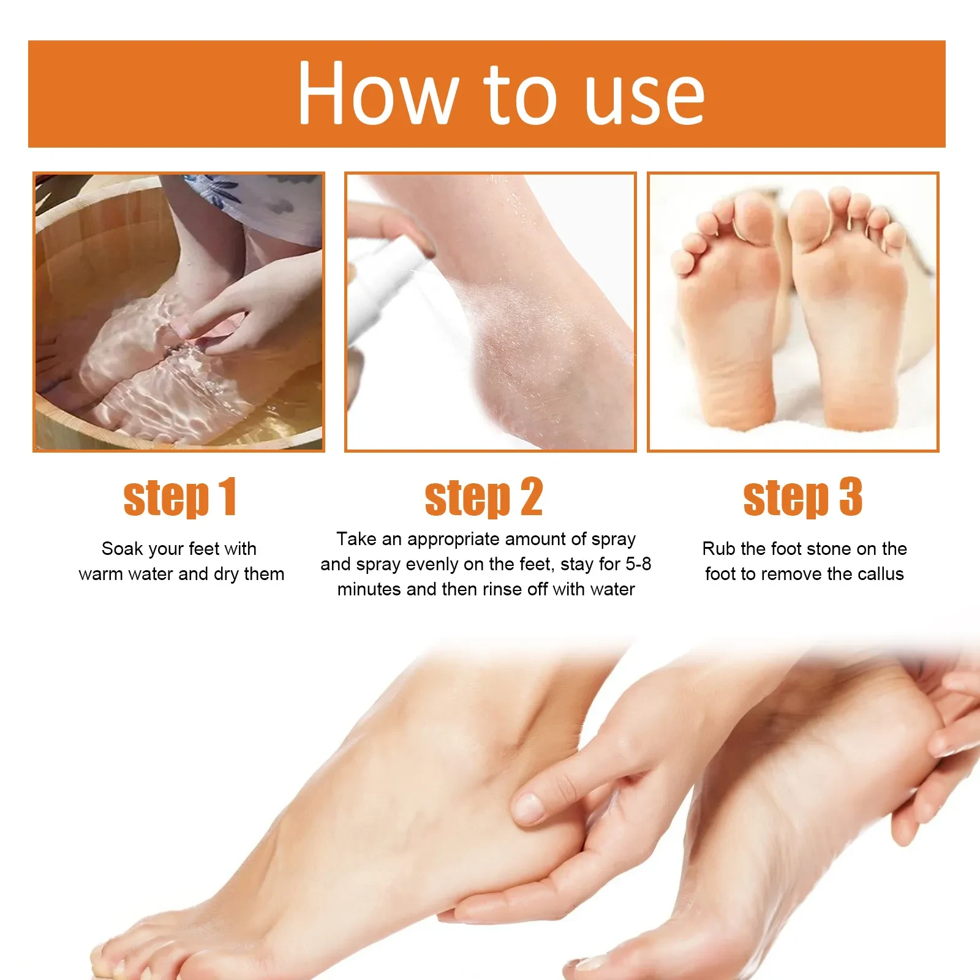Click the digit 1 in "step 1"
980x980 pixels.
tap(227, 497)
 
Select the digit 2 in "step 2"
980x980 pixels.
tap(531, 497)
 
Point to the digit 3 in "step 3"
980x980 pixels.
tap(850, 497)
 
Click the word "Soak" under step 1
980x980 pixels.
tap(122, 548)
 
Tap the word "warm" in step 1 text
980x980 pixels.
tap(100, 574)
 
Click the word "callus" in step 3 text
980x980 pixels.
tap(881, 574)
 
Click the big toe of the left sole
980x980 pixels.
tap(755, 214)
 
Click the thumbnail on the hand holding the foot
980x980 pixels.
tap(528, 807)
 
